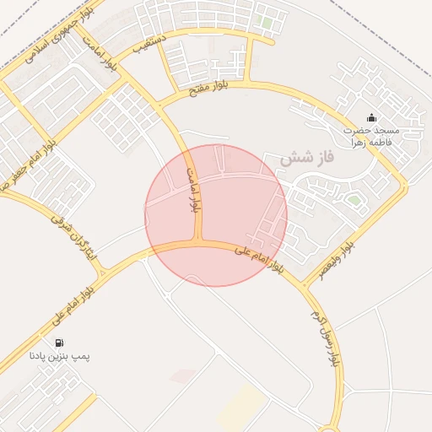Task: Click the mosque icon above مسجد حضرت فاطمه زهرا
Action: point(372,117)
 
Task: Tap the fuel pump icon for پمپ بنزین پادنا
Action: point(59,343)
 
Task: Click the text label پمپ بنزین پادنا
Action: point(59,358)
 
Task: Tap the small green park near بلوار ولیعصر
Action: point(354,200)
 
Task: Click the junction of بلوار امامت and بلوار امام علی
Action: point(200,243)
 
